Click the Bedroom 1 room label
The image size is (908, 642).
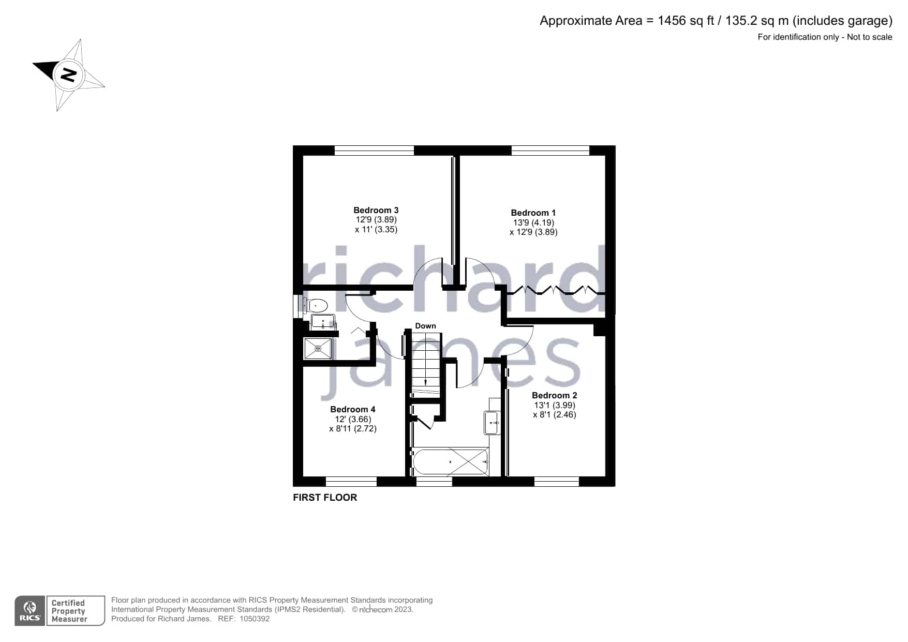tap(533, 213)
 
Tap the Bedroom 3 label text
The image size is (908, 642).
tap(376, 210)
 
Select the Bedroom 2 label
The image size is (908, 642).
tap(554, 395)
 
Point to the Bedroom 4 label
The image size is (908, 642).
tap(352, 409)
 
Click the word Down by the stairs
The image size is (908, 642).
tap(425, 326)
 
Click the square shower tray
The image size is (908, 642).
tap(318, 349)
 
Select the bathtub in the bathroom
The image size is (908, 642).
tap(450, 461)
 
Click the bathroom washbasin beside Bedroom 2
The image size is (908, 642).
tap(492, 423)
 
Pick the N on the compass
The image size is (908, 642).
tap(68, 75)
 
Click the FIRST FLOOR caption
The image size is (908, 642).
tap(325, 498)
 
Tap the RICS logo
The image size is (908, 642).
tap(30, 611)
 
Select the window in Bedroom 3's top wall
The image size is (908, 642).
tap(374, 151)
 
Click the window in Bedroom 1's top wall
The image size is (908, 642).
tap(550, 151)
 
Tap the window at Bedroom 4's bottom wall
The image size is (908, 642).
tap(351, 482)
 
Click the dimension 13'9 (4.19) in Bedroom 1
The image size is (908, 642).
tap(533, 222)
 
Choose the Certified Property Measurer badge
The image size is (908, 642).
tap(76, 611)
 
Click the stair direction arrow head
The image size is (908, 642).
tap(425, 382)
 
